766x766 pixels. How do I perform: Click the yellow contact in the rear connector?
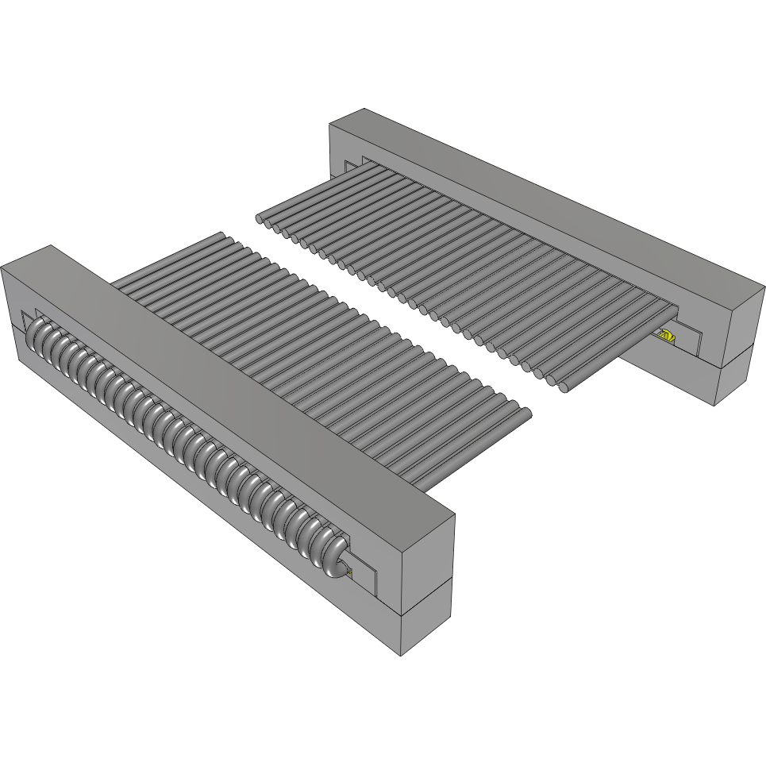[667, 337]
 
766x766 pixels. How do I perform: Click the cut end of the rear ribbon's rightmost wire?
[564, 388]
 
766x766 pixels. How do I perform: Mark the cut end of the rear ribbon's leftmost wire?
[260, 217]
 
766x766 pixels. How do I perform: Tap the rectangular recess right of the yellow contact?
[689, 341]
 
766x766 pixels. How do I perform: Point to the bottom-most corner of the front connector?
[401, 656]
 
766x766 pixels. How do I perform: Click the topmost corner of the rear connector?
[364, 109]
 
